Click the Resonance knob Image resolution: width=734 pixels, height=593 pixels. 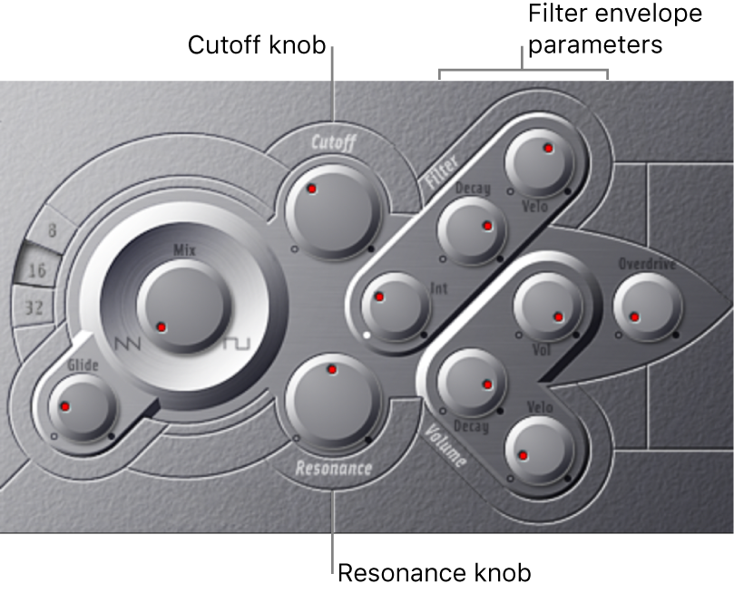pos(332,399)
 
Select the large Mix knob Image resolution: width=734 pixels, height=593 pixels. pos(184,306)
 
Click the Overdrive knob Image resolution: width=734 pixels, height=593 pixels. pos(647,306)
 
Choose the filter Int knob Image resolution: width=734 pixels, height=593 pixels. pos(395,306)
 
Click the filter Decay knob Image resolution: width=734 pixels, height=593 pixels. pos(471,230)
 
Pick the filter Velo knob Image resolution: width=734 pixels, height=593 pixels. pos(539,162)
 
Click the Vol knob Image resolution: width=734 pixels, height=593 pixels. pos(547,306)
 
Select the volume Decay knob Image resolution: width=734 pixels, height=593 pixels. pos(471,382)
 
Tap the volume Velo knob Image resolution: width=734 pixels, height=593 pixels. pos(539,450)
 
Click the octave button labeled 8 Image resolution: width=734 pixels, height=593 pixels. pos(52,230)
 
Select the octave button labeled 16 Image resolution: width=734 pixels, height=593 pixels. pos(37,270)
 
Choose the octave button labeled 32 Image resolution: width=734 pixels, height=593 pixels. pos(34,307)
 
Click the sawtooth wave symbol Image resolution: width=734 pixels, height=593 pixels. pos(128,345)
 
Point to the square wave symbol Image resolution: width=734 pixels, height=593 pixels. pos(237,344)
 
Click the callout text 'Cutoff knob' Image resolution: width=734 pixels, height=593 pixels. pos(257,45)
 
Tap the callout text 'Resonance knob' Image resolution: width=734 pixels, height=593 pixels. pos(435,572)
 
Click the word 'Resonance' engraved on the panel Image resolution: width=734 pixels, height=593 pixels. pos(334,468)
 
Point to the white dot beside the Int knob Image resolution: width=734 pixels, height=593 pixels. pos(367,335)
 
